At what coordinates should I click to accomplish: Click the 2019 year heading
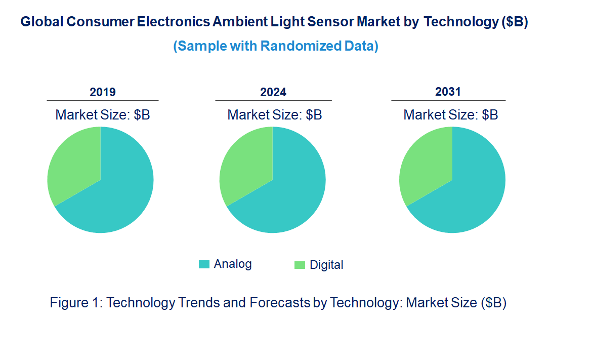(x=103, y=92)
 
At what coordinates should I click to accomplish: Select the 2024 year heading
(x=273, y=92)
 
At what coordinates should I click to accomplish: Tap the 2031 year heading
(x=448, y=92)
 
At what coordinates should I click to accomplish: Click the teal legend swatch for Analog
(x=204, y=264)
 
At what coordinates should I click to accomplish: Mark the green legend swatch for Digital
(x=300, y=265)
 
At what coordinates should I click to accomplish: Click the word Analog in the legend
(x=233, y=264)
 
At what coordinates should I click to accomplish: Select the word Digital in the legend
(x=326, y=265)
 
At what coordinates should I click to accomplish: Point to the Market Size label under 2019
(x=103, y=115)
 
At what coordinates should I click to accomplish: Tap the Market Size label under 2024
(x=275, y=115)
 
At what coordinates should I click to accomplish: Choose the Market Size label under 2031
(x=450, y=115)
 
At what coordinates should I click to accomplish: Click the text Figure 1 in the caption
(x=76, y=303)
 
